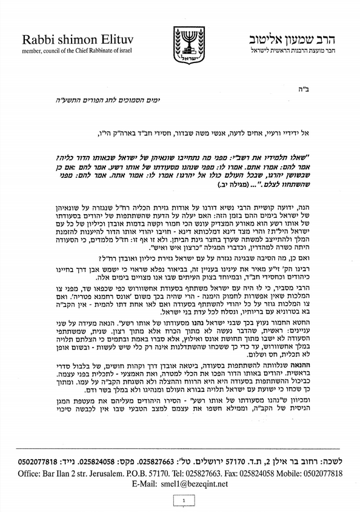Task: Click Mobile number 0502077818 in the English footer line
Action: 322,473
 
